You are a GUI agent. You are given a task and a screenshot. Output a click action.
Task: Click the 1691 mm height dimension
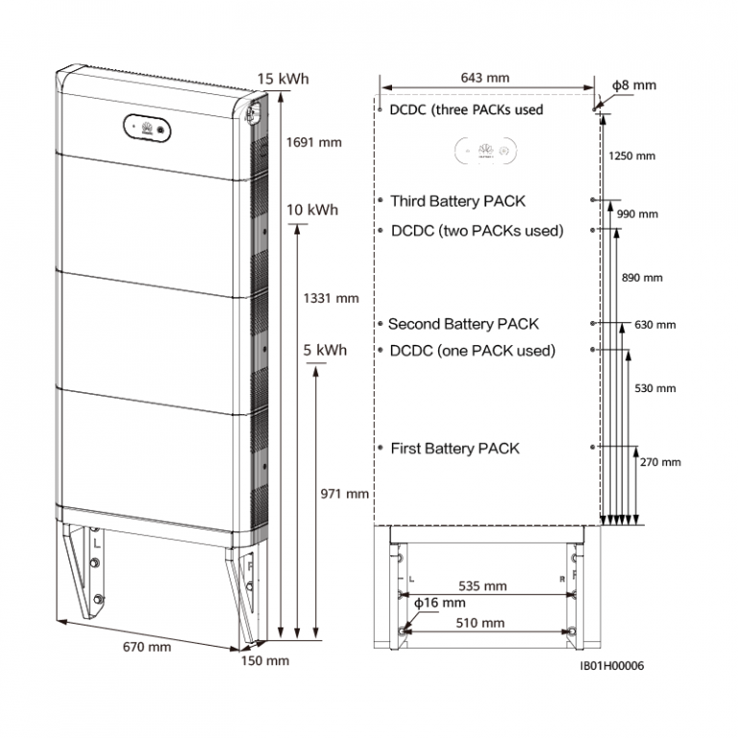pyautogui.click(x=314, y=142)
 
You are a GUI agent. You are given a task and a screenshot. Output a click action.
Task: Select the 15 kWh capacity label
pyautogui.click(x=283, y=79)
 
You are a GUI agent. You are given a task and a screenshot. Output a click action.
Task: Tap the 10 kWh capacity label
pyautogui.click(x=312, y=209)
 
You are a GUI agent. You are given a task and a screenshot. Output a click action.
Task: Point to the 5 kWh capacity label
pyautogui.click(x=325, y=350)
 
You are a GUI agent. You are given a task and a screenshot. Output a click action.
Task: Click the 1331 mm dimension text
pyautogui.click(x=331, y=298)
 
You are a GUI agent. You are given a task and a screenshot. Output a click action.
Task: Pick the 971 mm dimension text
pyautogui.click(x=345, y=494)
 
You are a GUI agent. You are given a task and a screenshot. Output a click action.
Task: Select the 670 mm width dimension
pyautogui.click(x=147, y=647)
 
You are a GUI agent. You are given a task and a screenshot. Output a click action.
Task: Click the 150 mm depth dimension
pyautogui.click(x=265, y=660)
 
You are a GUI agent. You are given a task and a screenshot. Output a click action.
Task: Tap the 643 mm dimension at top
pyautogui.click(x=484, y=78)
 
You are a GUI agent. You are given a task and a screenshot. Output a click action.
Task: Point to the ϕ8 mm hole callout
pyautogui.click(x=634, y=86)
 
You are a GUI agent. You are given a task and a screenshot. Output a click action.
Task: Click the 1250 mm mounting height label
pyautogui.click(x=631, y=156)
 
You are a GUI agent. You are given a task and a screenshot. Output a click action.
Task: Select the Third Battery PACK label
pyautogui.click(x=457, y=201)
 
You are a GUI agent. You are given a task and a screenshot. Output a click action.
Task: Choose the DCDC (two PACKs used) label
pyautogui.click(x=478, y=231)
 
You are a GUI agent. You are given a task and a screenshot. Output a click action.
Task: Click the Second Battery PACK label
pyautogui.click(x=463, y=324)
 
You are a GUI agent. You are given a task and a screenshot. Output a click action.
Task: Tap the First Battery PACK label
pyautogui.click(x=455, y=448)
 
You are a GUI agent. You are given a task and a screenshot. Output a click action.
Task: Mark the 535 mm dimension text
pyautogui.click(x=482, y=586)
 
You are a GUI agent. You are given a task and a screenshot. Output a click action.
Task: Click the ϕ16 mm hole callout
pyautogui.click(x=439, y=603)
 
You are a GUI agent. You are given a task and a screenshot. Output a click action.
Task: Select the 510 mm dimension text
pyautogui.click(x=480, y=623)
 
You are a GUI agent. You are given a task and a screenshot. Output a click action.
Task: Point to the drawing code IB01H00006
pyautogui.click(x=612, y=666)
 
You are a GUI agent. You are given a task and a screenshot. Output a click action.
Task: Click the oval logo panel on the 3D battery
pyautogui.click(x=147, y=128)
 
